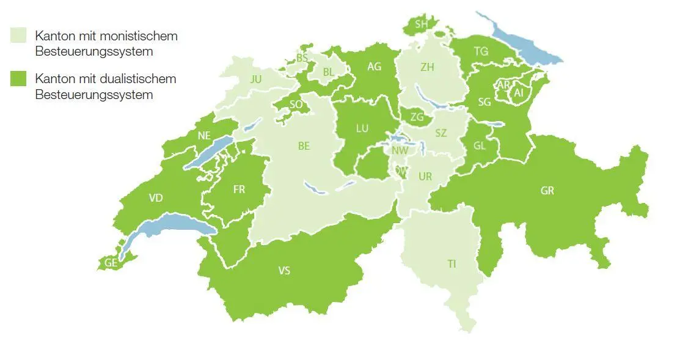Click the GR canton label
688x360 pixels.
coord(547,191)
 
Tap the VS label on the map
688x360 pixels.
coord(284,271)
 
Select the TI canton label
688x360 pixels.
coord(451,264)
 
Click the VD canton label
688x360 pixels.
coord(156,198)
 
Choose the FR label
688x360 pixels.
coord(239,189)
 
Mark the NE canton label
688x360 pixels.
coord(204,136)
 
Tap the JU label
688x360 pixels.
coord(255,79)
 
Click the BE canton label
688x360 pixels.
coord(304,146)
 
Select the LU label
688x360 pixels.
coord(362,128)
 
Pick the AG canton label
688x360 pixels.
coord(374,67)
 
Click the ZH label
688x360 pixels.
coord(427,67)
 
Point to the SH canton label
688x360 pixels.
coord(421,24)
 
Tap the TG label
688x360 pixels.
coord(481,51)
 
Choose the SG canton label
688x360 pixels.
coord(485,102)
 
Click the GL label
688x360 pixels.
coord(480,146)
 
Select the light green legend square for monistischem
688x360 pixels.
coord(19,36)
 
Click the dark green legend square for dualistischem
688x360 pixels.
coord(19,79)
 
